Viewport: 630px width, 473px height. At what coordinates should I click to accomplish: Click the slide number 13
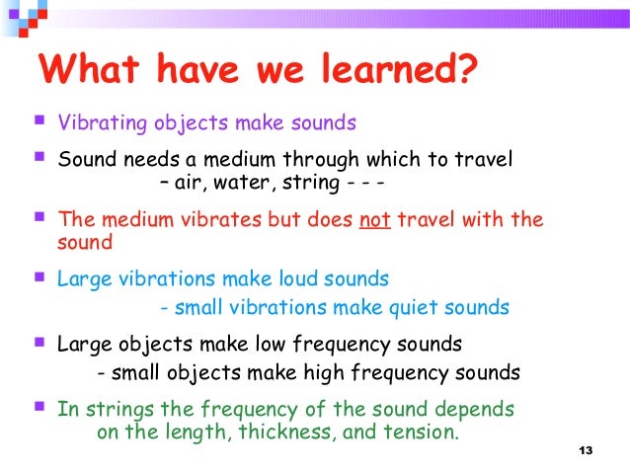coord(587,451)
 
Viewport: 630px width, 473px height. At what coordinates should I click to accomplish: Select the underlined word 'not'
coord(375,219)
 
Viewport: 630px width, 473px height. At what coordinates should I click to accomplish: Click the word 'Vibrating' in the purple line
coord(98,124)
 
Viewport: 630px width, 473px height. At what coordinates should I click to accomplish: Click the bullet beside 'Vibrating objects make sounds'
coord(39,122)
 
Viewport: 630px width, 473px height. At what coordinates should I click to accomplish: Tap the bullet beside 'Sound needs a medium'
coord(39,157)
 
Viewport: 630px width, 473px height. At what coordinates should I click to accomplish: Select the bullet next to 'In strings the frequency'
coord(39,406)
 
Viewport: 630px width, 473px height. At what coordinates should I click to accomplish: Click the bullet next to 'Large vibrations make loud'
coord(39,277)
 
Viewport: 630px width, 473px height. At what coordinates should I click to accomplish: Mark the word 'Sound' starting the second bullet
coord(84,159)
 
